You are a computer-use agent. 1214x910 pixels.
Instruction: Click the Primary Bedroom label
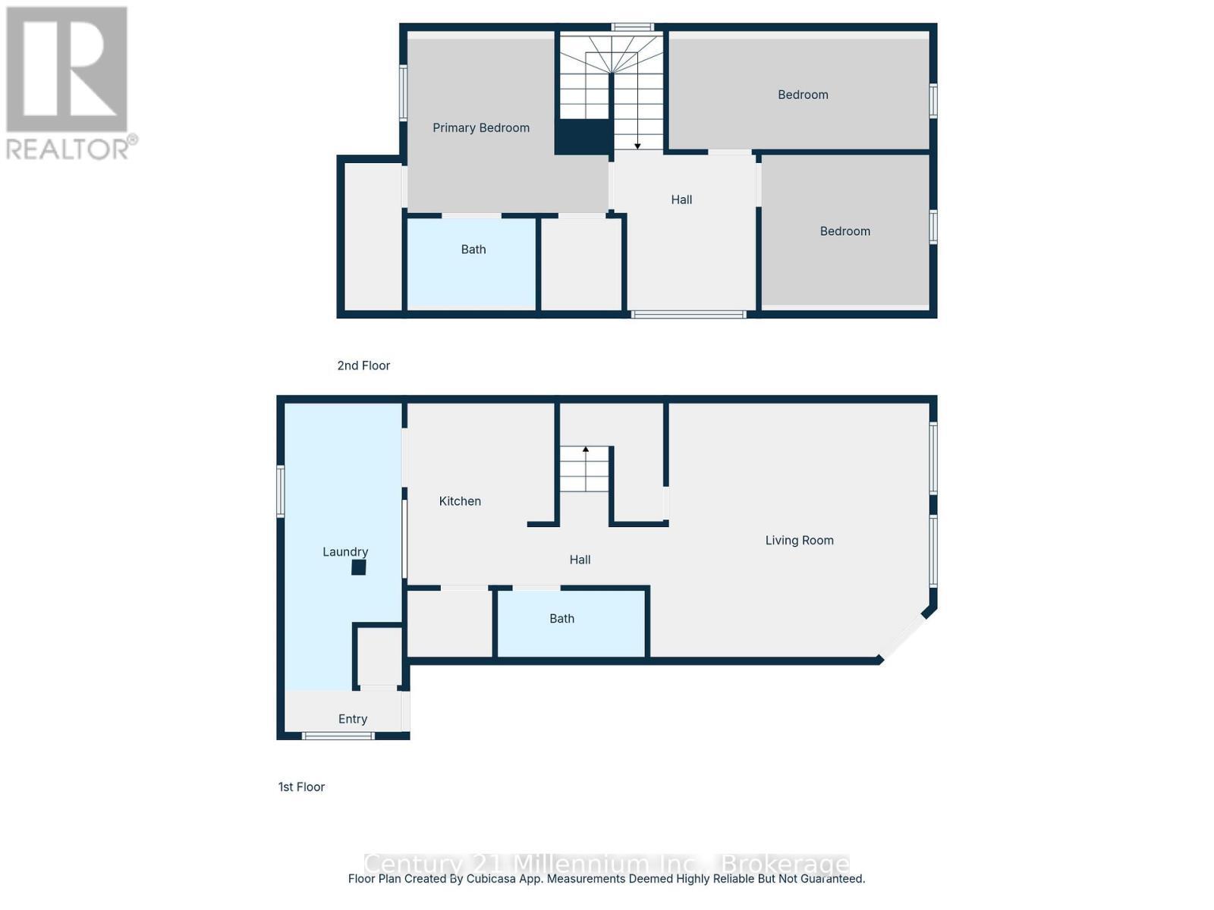pyautogui.click(x=481, y=127)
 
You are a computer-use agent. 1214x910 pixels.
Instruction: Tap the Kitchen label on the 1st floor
pyautogui.click(x=460, y=501)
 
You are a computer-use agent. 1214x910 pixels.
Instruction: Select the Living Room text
pyautogui.click(x=799, y=541)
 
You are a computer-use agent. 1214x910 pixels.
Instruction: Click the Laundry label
pyautogui.click(x=345, y=552)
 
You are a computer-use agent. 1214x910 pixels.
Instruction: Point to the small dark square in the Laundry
pyautogui.click(x=359, y=567)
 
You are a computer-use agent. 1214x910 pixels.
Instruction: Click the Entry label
pyautogui.click(x=353, y=719)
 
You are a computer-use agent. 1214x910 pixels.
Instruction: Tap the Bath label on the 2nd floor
pyautogui.click(x=473, y=249)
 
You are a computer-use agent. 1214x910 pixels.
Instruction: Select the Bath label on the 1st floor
pyautogui.click(x=561, y=619)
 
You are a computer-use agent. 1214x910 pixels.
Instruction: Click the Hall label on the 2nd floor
pyautogui.click(x=681, y=199)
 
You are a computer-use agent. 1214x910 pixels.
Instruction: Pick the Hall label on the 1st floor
pyautogui.click(x=580, y=560)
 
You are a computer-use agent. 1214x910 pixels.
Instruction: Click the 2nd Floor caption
pyautogui.click(x=363, y=366)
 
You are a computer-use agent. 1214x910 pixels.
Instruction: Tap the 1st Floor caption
pyautogui.click(x=301, y=787)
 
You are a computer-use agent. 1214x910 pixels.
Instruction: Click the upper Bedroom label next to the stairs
pyautogui.click(x=803, y=95)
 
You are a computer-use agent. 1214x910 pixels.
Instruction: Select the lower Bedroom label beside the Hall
pyautogui.click(x=844, y=231)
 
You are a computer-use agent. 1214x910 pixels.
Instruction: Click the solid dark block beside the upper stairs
pyautogui.click(x=583, y=136)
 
